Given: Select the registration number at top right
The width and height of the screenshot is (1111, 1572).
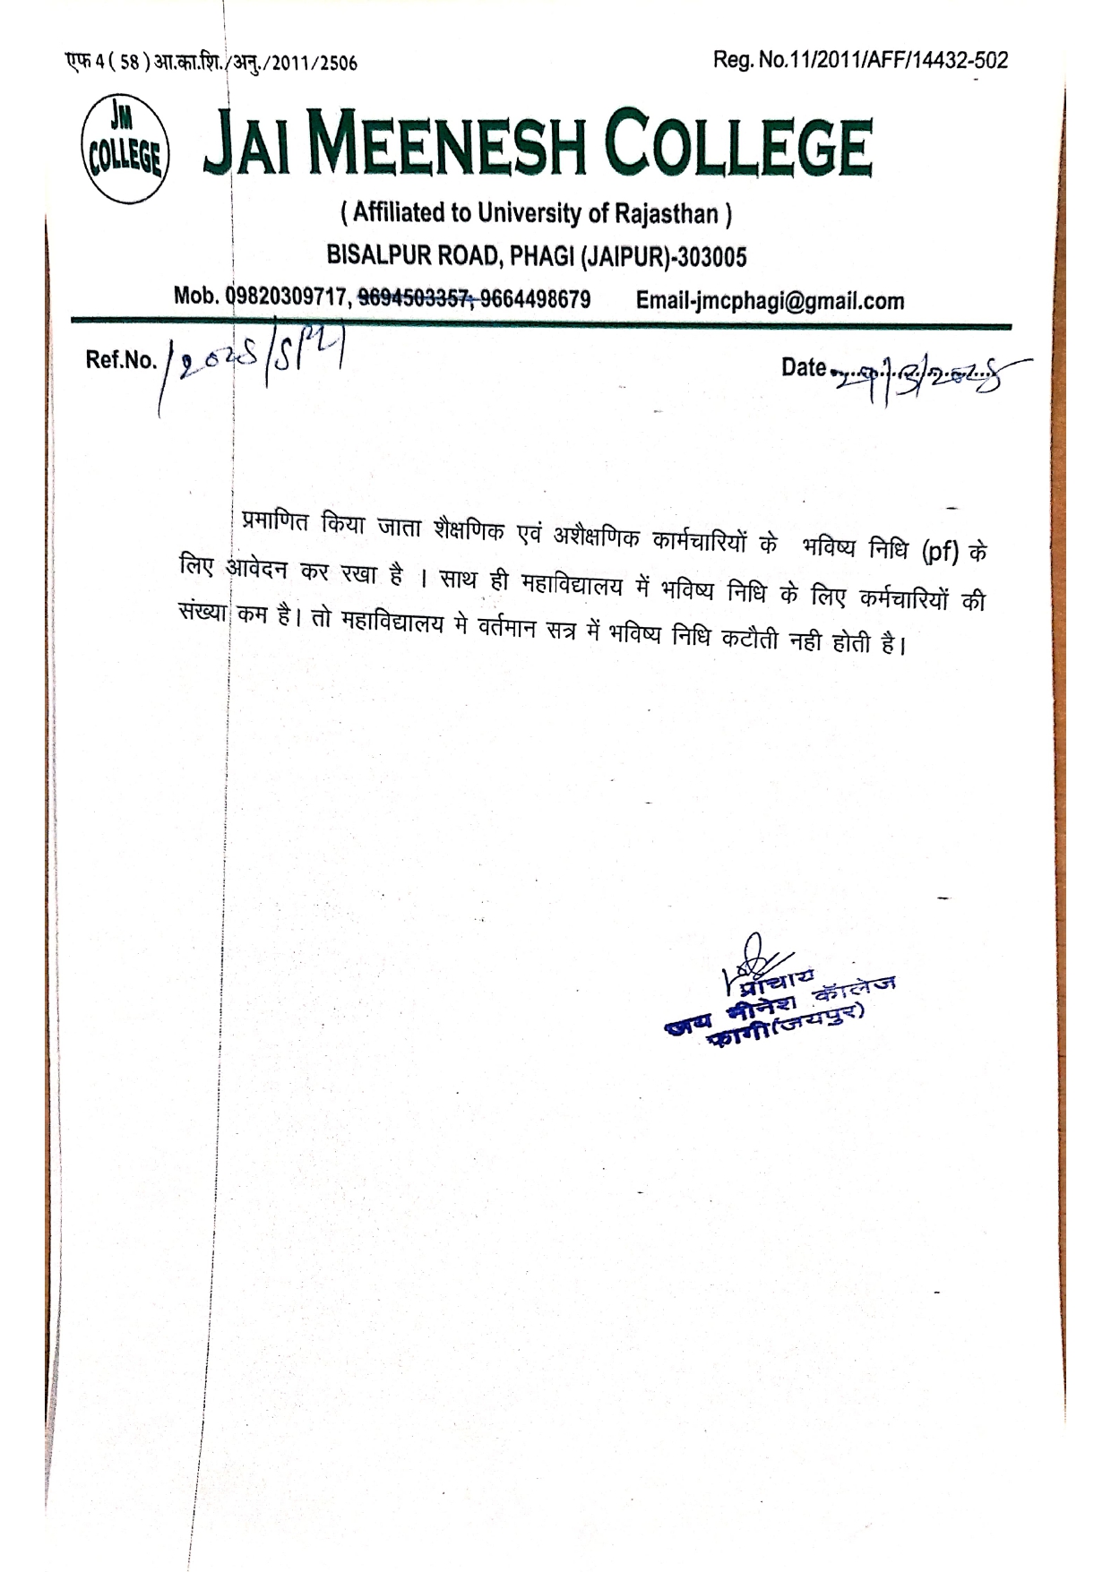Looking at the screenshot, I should (860, 60).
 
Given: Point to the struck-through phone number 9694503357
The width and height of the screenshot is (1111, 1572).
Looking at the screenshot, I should (414, 299).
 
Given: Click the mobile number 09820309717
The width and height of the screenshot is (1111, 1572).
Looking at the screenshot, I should (289, 297).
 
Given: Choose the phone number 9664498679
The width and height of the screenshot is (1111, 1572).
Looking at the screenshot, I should (536, 299).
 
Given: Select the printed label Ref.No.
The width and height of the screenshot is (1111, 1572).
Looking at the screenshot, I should (121, 360).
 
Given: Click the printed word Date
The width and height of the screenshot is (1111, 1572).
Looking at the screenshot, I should (803, 366).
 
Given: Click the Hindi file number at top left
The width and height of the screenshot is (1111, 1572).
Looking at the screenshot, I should (210, 63).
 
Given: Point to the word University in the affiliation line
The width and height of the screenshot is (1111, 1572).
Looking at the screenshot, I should (529, 213).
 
